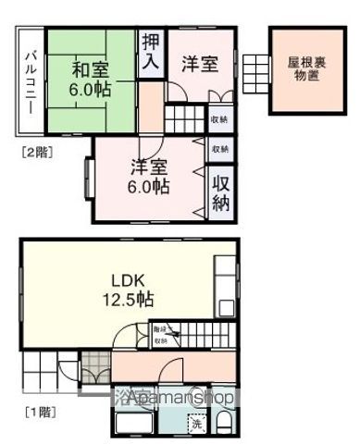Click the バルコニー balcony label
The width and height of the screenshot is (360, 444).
click(x=29, y=80)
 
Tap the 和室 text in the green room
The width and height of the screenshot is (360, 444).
click(x=90, y=68)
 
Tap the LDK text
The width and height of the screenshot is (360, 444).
click(x=129, y=279)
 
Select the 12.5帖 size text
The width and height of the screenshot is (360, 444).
click(x=129, y=301)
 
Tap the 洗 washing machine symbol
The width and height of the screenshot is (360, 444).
click(x=196, y=423)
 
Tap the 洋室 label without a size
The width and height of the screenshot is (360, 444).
click(x=199, y=64)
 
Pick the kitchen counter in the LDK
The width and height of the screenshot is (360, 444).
click(x=224, y=296)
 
